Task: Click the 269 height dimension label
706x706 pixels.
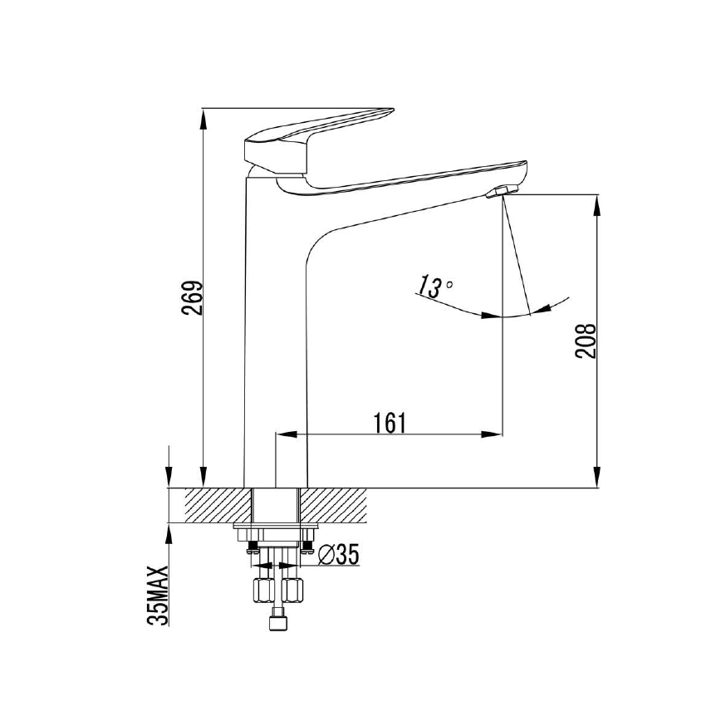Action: coord(192,297)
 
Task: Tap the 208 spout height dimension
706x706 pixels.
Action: coord(586,340)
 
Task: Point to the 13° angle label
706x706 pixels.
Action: coord(435,287)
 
